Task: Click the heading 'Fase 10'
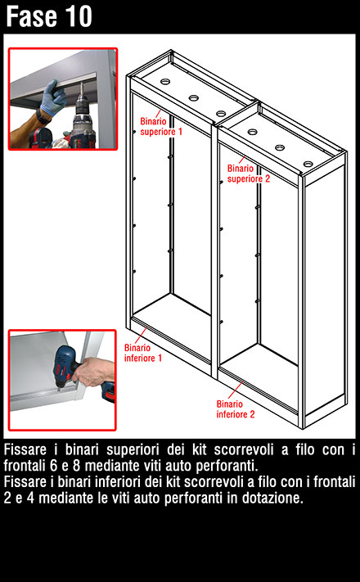(48, 16)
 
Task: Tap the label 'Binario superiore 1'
(161, 127)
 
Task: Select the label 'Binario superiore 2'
(248, 174)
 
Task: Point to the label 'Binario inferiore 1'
(143, 353)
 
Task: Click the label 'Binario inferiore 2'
(236, 409)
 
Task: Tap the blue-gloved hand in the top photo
(54, 97)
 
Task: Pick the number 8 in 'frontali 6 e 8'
(76, 466)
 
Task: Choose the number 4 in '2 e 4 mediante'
(30, 499)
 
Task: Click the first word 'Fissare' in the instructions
(25, 450)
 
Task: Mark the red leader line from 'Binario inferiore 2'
(236, 390)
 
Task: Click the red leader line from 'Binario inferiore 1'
(142, 335)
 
